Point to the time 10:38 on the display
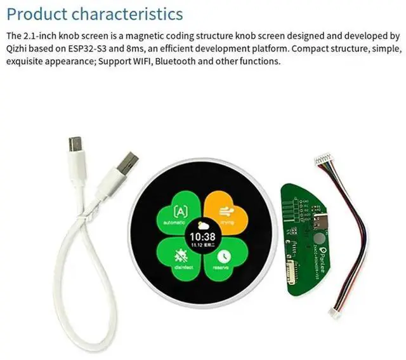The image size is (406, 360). (202, 237)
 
